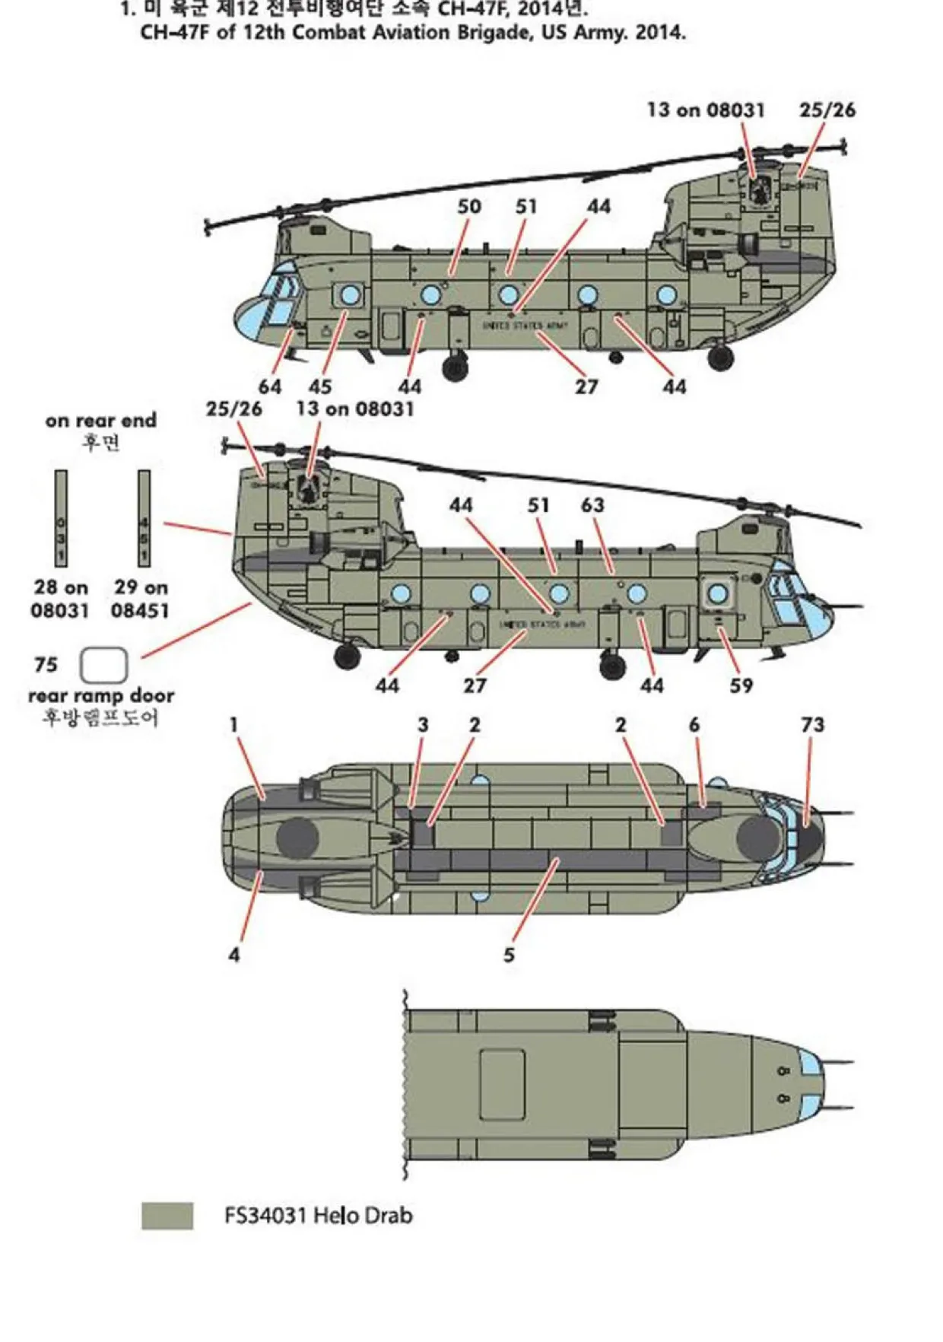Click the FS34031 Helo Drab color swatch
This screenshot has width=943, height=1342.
[x=167, y=1215]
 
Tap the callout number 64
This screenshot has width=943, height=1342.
[x=270, y=386]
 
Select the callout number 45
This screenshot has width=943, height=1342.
[x=319, y=386]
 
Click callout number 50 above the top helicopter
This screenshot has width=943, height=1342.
[x=469, y=206]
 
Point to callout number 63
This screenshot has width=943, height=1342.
[x=592, y=505]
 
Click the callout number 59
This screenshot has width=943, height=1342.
[x=741, y=685]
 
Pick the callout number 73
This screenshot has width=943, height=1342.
[x=812, y=724]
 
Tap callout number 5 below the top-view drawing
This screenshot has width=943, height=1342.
[x=509, y=955]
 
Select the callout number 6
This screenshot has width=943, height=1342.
[x=694, y=724]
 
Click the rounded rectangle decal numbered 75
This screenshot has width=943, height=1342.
[x=104, y=666]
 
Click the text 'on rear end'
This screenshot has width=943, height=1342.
[x=100, y=421]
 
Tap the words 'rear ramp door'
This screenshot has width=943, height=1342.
[x=101, y=695]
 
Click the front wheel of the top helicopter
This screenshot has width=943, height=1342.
[x=456, y=368]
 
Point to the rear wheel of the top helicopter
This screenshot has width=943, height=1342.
[x=720, y=357]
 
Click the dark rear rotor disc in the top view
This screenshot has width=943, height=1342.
[x=297, y=838]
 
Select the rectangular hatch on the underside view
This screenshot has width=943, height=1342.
[x=502, y=1084]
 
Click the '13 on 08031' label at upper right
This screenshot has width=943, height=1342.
[x=705, y=110]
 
